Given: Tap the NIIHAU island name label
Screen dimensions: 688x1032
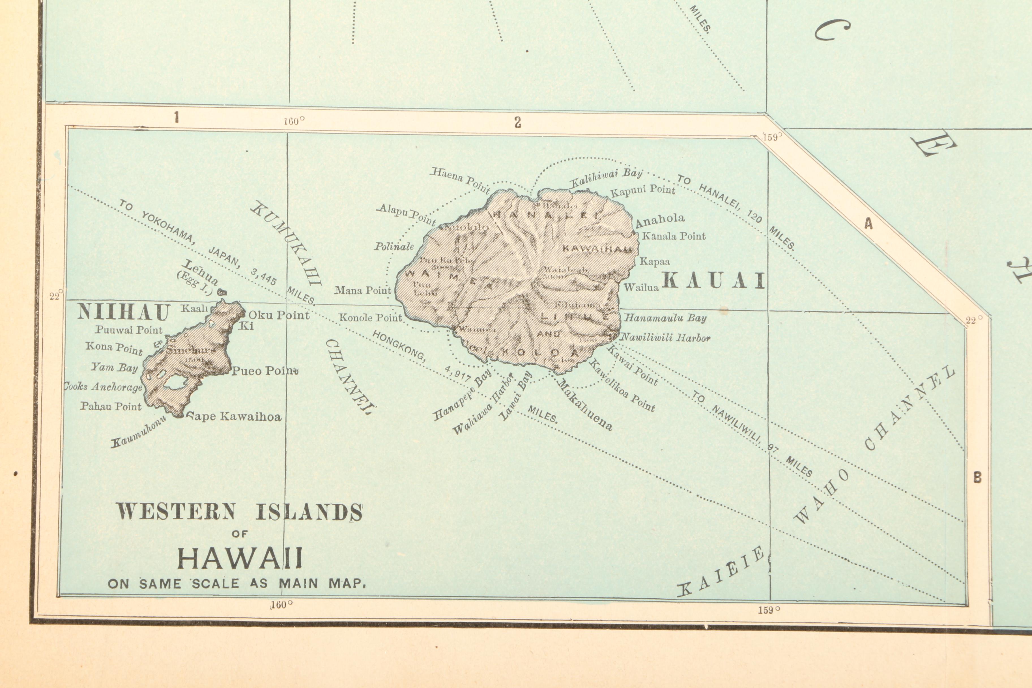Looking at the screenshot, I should [x=123, y=312].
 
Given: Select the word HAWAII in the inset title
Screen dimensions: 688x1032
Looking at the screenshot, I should [x=240, y=558].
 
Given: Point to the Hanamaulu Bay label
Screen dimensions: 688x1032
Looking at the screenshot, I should [x=665, y=318].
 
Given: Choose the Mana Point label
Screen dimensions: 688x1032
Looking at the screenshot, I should [x=362, y=291].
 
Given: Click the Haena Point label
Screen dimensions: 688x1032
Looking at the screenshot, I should [x=460, y=179].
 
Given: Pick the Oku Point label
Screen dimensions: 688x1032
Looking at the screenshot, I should [x=279, y=315].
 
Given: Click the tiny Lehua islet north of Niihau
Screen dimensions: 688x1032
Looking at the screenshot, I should [x=222, y=291].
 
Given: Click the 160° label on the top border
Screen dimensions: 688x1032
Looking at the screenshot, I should [x=294, y=121].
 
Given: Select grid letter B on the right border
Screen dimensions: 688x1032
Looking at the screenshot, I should [x=977, y=478].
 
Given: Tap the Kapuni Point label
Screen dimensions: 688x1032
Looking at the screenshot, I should [x=643, y=191].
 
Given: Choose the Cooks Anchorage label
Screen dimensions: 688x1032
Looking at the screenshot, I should [x=104, y=387].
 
